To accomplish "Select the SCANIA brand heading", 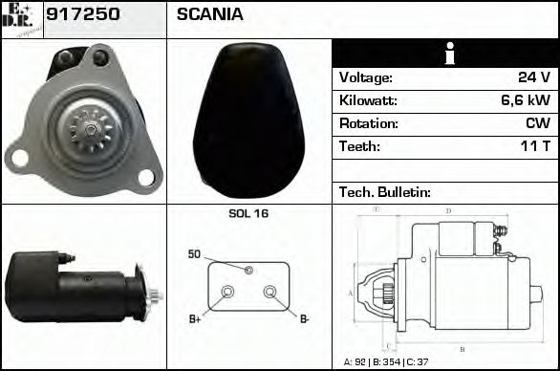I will coord(209,14).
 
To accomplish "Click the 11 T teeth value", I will coord(535,146).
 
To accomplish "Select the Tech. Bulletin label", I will coord(385,192).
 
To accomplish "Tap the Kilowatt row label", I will coord(368,100).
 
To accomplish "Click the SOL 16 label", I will coord(248,214).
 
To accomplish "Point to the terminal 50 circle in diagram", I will coord(248,271).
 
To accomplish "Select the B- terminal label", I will coord(305,318).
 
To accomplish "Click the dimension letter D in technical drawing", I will coord(448,210).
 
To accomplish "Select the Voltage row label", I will coord(365,77).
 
